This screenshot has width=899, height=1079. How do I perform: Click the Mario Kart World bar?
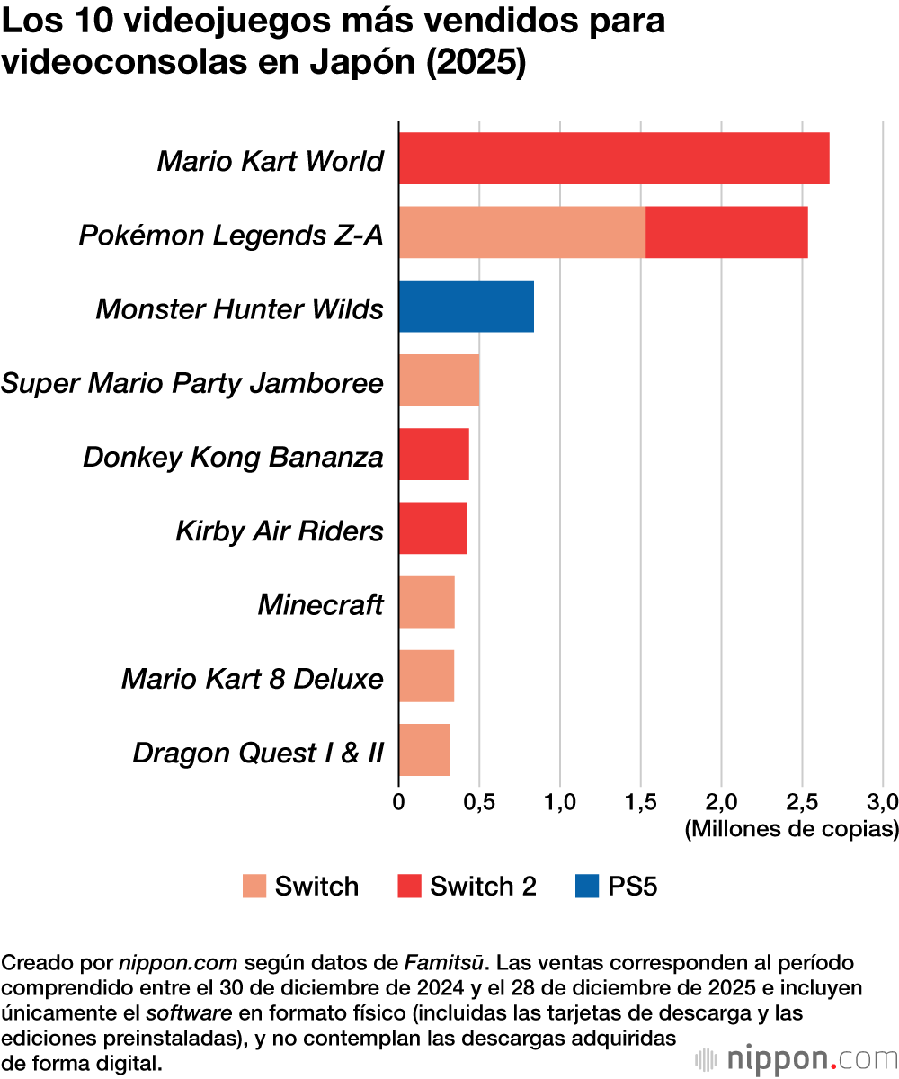[x=613, y=158]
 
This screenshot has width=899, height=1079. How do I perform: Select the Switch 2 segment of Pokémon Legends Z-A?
[x=726, y=232]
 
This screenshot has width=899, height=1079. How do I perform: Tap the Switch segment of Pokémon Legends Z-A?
[x=521, y=232]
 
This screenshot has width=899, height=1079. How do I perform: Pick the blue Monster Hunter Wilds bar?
[x=466, y=306]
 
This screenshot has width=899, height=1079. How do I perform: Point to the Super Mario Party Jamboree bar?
[x=439, y=379]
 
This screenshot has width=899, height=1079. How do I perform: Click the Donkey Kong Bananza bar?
[x=433, y=454]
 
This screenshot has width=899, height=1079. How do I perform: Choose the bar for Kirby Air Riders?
[x=432, y=528]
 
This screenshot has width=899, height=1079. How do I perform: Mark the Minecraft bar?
[x=426, y=602]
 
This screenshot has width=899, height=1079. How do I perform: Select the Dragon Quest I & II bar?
[x=423, y=749]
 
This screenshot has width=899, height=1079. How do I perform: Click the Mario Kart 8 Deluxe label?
[x=253, y=677]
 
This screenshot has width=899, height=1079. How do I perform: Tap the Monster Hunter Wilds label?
[x=239, y=308]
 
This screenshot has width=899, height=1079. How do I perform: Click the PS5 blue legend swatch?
[x=586, y=887]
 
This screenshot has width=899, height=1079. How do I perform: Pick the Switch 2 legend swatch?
[x=408, y=887]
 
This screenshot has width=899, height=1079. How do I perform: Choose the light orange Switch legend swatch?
[x=254, y=887]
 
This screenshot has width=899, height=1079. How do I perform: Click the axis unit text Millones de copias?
[x=791, y=828]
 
